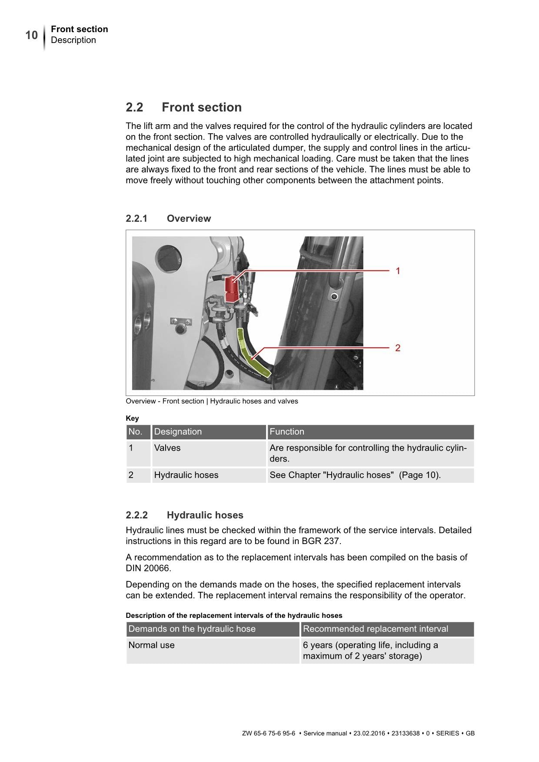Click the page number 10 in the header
tap(31, 35)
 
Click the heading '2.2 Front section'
tap(183, 107)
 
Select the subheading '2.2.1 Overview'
tap(168, 218)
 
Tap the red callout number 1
tap(398, 271)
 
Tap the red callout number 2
tap(398, 348)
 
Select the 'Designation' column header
tap(178, 432)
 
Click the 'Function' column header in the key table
tap(287, 432)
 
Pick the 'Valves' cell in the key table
tap(167, 448)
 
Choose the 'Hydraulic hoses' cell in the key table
tap(186, 475)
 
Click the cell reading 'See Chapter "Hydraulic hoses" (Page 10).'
tap(355, 475)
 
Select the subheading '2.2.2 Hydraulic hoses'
tap(184, 515)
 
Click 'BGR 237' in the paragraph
tap(321, 541)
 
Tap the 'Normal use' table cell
tap(151, 645)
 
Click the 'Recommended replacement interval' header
tap(375, 629)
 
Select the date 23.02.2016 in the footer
tap(369, 733)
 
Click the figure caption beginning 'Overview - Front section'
tap(212, 401)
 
